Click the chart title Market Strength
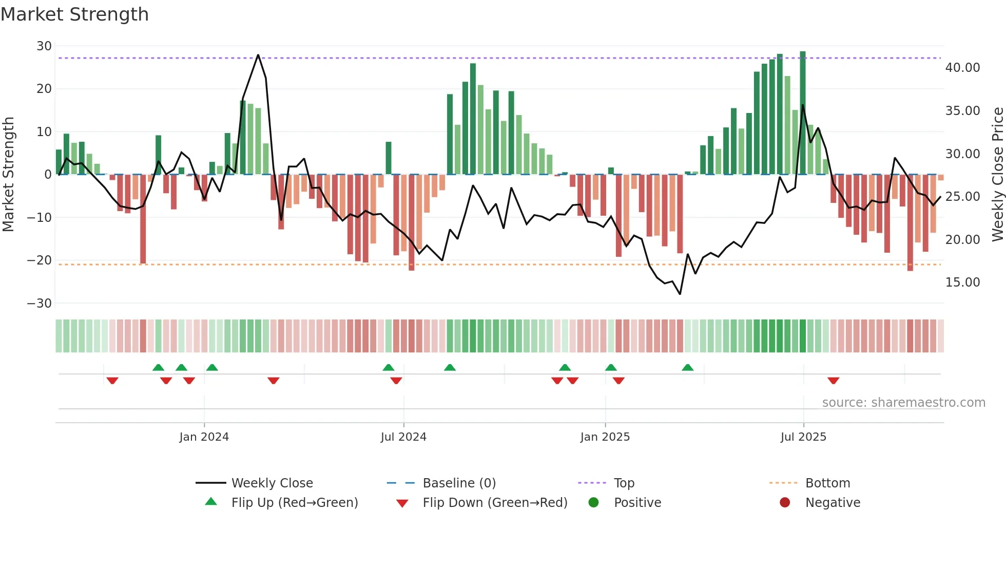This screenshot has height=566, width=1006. click(x=74, y=14)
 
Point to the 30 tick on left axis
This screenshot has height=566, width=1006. click(x=44, y=46)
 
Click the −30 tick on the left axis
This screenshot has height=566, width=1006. click(x=40, y=304)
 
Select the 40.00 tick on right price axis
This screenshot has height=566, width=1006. click(x=962, y=68)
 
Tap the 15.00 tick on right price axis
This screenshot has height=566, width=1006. click(x=962, y=282)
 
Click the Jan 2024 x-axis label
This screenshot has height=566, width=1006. click(x=204, y=437)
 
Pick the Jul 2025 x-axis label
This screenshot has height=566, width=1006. click(x=803, y=437)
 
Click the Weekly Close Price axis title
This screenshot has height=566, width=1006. click(x=997, y=175)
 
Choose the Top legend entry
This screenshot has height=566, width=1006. click(x=624, y=483)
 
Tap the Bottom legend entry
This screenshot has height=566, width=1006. click(x=827, y=483)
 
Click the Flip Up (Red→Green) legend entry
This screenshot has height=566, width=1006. click(x=294, y=503)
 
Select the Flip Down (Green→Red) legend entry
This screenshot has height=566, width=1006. click(x=495, y=503)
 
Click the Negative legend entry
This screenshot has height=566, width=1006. click(x=832, y=503)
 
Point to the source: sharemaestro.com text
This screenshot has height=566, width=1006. click(x=903, y=403)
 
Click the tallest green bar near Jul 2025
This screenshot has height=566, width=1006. click(x=803, y=113)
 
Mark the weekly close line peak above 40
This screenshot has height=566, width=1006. click(x=258, y=55)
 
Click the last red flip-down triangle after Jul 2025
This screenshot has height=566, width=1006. click(x=833, y=381)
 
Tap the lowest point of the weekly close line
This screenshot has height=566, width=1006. click(x=680, y=294)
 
